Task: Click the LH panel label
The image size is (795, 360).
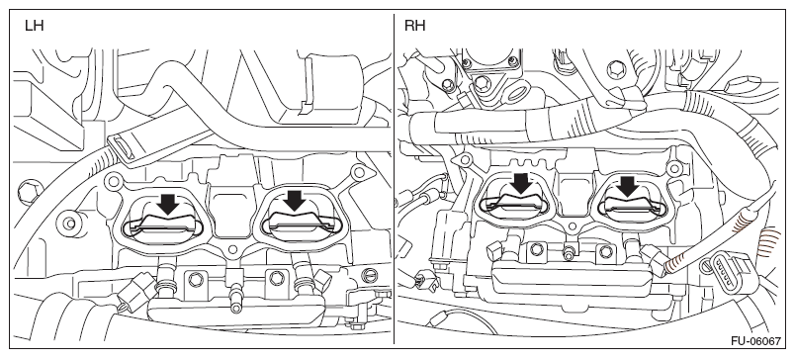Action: pos(35,27)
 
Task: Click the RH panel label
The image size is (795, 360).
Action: pos(414,27)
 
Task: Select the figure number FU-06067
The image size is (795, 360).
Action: pos(756,341)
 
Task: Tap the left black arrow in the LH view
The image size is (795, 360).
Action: pos(168,204)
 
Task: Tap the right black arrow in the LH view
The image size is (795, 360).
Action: pos(295,200)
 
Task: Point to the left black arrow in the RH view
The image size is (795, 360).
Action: pos(521,184)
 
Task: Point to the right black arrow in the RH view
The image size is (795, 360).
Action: pos(628,186)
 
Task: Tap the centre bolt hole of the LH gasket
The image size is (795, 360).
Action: pos(232,249)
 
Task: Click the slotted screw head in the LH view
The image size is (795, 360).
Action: pos(371,275)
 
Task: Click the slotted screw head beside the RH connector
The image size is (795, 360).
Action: pos(707,265)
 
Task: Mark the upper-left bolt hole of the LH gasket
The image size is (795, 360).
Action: pos(114,178)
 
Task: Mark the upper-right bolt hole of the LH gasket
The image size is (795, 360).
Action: pos(359,172)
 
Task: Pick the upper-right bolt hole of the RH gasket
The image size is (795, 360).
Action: pos(674,168)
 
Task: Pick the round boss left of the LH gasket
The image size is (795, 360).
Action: pos(70,224)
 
